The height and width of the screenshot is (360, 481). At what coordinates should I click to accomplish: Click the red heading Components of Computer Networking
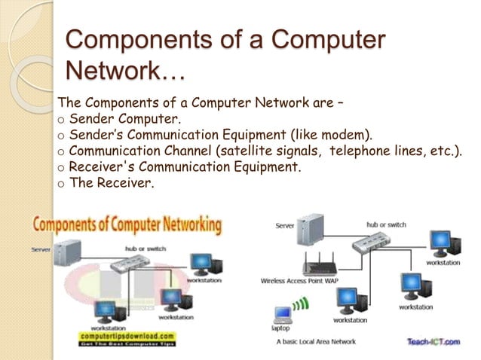pos(127,225)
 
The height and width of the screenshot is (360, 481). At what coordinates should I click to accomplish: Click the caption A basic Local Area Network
pos(317,341)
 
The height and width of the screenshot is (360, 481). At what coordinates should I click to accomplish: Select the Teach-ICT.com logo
pos(433,341)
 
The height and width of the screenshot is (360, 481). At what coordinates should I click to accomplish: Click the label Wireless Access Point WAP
pos(299,280)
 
